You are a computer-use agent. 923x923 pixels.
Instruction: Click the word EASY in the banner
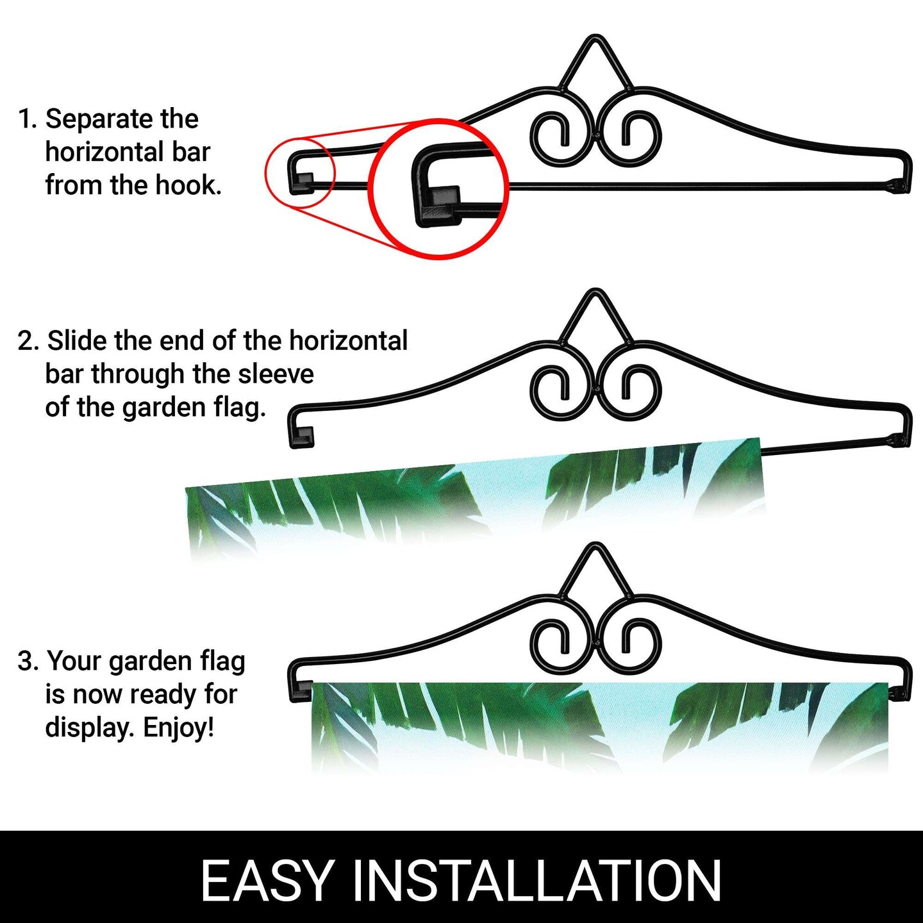click(x=267, y=880)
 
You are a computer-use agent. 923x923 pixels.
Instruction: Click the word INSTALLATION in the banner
click(x=537, y=880)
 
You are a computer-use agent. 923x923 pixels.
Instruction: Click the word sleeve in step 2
click(x=276, y=374)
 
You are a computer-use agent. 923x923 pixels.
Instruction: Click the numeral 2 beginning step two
click(x=25, y=340)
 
